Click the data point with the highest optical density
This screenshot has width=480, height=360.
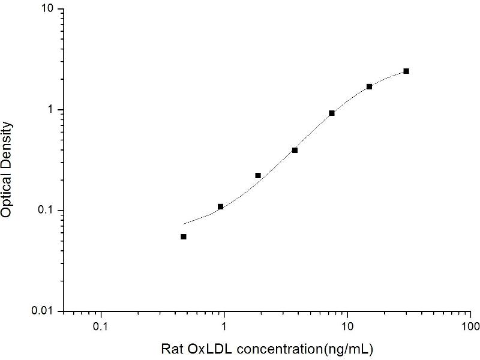click(x=406, y=71)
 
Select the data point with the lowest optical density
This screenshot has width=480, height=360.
click(x=184, y=236)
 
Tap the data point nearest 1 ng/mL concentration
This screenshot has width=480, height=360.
click(x=221, y=206)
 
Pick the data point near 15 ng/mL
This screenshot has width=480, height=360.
click(x=370, y=86)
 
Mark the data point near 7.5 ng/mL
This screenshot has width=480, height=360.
click(x=332, y=113)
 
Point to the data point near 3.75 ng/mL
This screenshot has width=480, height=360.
click(x=295, y=150)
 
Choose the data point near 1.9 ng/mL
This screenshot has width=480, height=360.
click(x=258, y=175)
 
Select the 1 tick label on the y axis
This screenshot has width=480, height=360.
click(x=51, y=110)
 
